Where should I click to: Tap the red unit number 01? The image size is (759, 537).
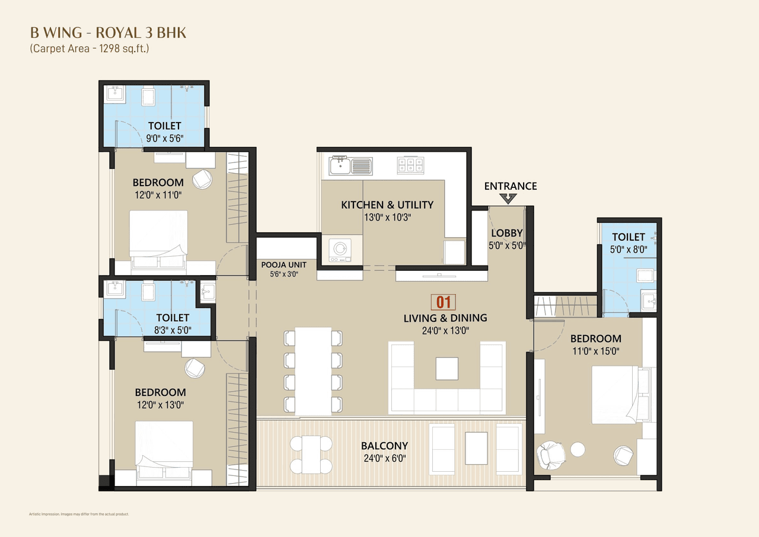coord(444,302)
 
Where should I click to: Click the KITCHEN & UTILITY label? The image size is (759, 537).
coord(387,205)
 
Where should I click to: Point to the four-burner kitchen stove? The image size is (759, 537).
coord(411,165)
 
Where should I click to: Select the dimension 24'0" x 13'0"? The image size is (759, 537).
coord(445,331)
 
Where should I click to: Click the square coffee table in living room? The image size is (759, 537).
coord(447,368)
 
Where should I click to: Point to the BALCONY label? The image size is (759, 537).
coord(384,446)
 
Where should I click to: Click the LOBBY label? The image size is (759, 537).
coord(506,234)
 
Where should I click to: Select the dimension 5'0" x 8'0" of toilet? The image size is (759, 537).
coord(629,250)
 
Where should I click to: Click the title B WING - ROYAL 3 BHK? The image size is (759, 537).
coord(108,33)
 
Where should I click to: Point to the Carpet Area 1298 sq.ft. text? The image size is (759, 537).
coord(90,49)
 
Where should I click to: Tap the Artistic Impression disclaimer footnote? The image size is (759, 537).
coord(78,514)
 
